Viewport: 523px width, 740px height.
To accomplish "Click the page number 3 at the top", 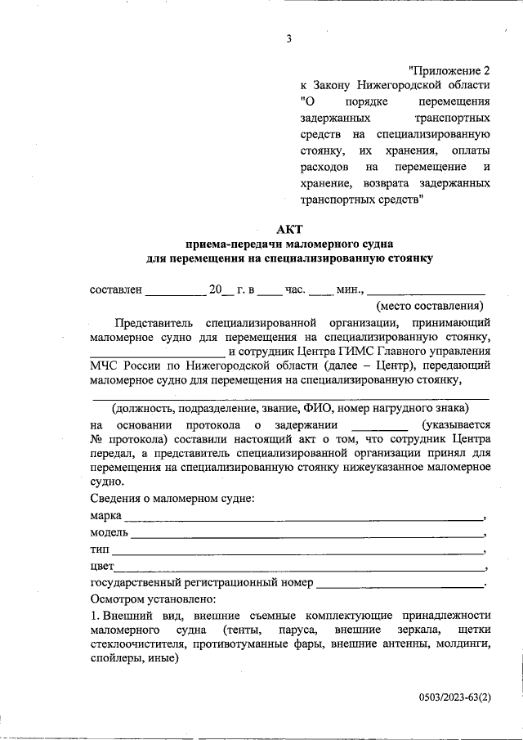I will pyautogui.click(x=288, y=38).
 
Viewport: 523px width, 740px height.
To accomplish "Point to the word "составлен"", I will pyautogui.click(x=116, y=289).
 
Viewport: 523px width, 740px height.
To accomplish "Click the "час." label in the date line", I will pyautogui.click(x=295, y=289).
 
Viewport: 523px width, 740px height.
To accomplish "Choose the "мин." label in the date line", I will pyautogui.click(x=350, y=289).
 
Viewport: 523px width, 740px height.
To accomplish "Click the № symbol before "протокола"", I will pyautogui.click(x=95, y=439).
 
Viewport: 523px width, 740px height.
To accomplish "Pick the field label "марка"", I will pyautogui.click(x=105, y=516).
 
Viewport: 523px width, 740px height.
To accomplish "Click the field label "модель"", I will pyautogui.click(x=109, y=533).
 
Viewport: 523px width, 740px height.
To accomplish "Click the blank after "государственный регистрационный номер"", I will pyautogui.click(x=399, y=585).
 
